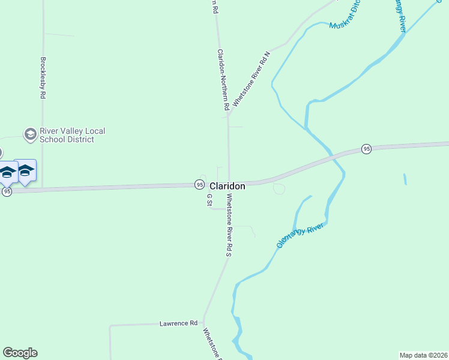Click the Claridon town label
point(227,187)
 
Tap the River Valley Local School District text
point(67,135)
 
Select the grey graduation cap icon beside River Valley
point(30,134)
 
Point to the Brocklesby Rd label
point(43,78)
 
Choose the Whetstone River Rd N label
point(252,79)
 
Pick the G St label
point(209,200)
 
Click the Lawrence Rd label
point(178,323)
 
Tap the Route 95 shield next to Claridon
point(199,184)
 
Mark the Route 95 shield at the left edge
point(7,191)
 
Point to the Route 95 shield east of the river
point(366,149)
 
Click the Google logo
point(20,353)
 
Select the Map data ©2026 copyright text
point(423,355)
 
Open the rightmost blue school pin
point(25,171)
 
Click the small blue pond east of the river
point(405,179)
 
